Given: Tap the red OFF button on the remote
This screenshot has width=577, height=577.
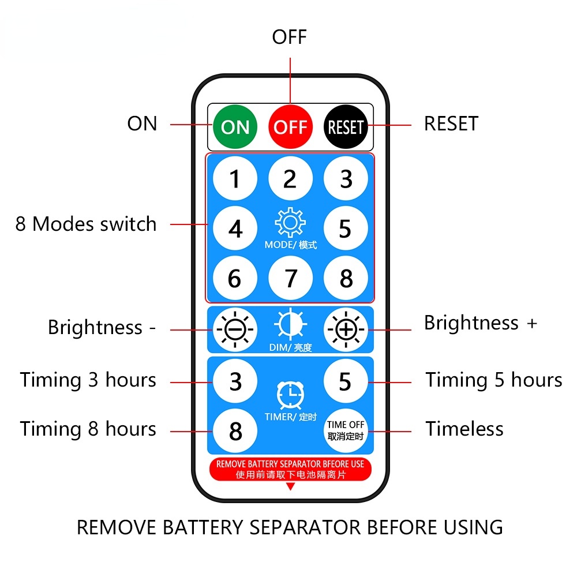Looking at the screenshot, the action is tap(290, 127).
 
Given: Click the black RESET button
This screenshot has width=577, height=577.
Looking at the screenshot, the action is tap(346, 127).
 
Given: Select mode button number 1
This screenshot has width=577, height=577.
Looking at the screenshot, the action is tap(235, 178).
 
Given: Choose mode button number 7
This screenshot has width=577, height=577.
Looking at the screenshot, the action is tap(290, 278).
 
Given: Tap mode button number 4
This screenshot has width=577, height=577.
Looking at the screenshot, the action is tap(235, 228).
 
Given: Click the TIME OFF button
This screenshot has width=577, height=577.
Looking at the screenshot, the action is tap(346, 430).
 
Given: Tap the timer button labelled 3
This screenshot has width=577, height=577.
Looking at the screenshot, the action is tap(235, 381).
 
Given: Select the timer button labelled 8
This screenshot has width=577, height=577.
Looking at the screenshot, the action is tap(235, 430).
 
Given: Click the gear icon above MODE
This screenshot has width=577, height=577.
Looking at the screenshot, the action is tap(290, 222).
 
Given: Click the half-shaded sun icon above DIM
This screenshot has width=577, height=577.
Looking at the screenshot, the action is tap(290, 324).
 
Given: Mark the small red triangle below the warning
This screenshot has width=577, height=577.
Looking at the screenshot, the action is tap(290, 487).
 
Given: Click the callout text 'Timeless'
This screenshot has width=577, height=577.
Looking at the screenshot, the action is tap(464, 429).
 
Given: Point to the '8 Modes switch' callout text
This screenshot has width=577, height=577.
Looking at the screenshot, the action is tap(86, 224).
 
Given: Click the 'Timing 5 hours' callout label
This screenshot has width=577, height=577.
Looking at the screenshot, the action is tap(494, 380).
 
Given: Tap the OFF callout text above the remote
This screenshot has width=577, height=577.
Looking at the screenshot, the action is tap(290, 37).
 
